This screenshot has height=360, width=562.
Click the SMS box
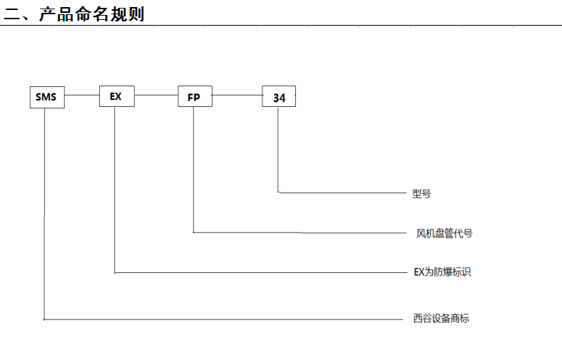[x=47, y=97]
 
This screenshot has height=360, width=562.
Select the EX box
[x=117, y=96]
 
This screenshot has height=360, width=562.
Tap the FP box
[x=195, y=96]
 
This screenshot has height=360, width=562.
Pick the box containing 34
[x=279, y=96]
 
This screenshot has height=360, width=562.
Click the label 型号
[x=421, y=194]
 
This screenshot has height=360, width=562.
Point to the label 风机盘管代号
[x=444, y=234]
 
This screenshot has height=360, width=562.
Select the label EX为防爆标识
[x=442, y=272]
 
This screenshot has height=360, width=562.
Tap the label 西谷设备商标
[x=441, y=318]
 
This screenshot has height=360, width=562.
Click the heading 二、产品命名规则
[x=74, y=14]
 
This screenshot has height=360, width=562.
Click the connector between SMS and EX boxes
[x=82, y=96]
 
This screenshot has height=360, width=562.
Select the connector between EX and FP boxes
[x=156, y=96]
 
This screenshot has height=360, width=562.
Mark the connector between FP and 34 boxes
[x=237, y=96]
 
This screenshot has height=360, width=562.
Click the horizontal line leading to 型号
[x=342, y=192]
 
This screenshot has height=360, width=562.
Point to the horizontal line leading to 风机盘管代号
[x=300, y=233]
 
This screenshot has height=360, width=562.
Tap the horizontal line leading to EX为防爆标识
[x=261, y=272]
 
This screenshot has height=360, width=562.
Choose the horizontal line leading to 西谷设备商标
[x=224, y=319]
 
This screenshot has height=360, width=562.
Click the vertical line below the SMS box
[x=44, y=213]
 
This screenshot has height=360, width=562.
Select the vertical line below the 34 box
[x=278, y=150]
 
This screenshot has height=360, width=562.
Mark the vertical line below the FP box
[x=193, y=170]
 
